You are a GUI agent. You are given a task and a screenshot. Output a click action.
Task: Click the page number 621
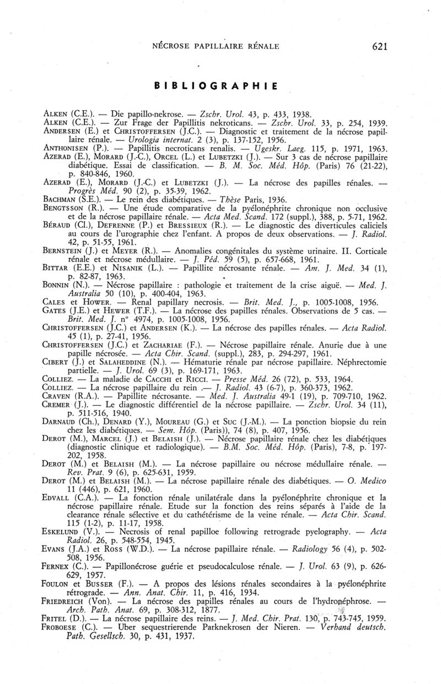click(x=380, y=46)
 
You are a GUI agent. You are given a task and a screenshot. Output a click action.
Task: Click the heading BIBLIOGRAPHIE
click(x=215, y=86)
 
